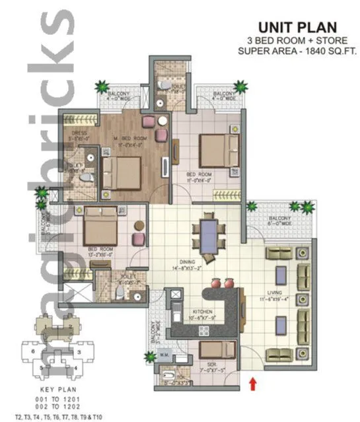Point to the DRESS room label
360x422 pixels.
click(80, 136)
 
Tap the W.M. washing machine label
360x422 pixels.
click(164, 360)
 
